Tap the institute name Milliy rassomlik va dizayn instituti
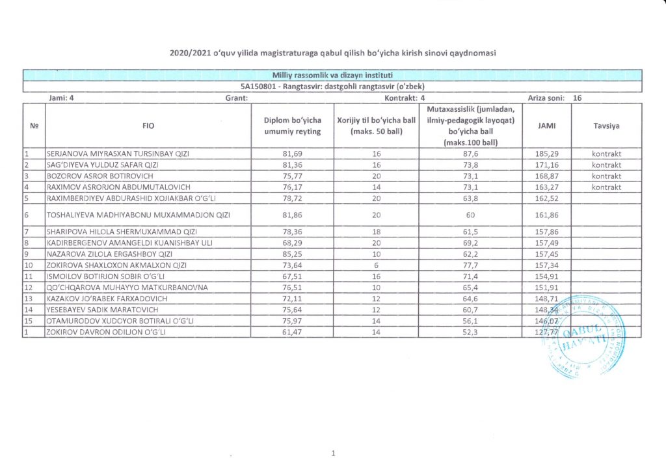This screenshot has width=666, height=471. [x=332, y=75]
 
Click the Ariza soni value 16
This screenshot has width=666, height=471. [x=578, y=98]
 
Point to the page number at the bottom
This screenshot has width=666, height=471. [x=332, y=453]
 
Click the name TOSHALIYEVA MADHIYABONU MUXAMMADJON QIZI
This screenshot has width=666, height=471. [x=138, y=214]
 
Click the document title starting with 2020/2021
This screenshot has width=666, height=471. [x=332, y=52]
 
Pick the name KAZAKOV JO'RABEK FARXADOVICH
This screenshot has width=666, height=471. [x=107, y=299]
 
